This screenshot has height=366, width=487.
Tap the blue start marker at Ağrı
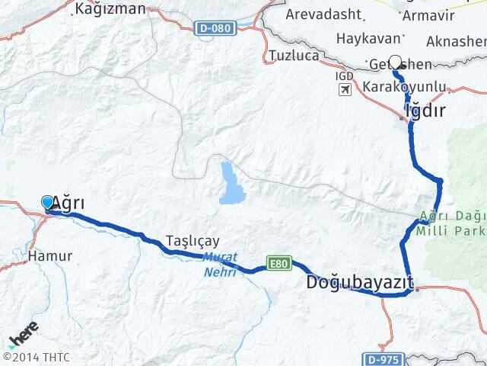[x=48, y=202]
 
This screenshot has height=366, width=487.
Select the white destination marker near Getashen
[x=395, y=64]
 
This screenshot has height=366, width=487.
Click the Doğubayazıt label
[x=359, y=283]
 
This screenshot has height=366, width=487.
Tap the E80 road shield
[x=279, y=263]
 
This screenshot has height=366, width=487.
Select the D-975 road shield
[x=380, y=358]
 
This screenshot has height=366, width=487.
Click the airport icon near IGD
[x=345, y=90]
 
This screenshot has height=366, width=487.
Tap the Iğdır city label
[x=425, y=111]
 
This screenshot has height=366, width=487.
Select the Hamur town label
[x=50, y=256]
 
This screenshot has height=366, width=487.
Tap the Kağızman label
[x=110, y=9]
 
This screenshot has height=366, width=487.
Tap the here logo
[x=23, y=335]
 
